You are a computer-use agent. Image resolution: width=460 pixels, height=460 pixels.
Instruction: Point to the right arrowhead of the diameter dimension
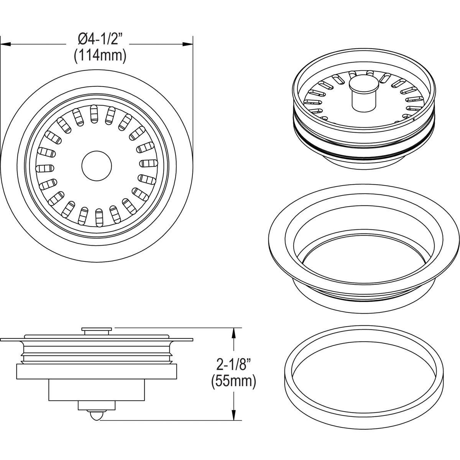(188, 44)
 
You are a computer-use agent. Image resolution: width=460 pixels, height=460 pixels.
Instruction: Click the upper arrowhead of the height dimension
(232, 332)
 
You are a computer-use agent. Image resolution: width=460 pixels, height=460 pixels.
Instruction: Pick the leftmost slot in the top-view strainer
(43, 168)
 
